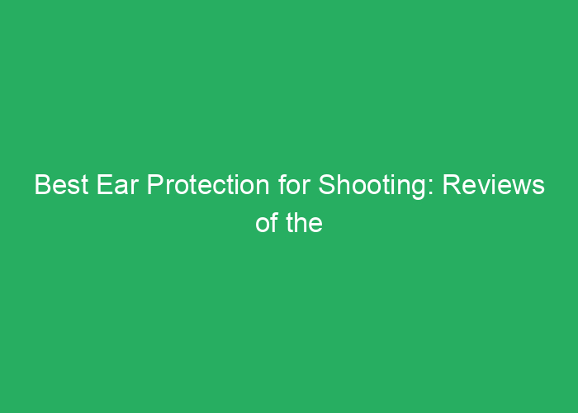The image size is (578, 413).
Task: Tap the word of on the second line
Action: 266,223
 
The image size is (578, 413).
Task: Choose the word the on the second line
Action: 303,223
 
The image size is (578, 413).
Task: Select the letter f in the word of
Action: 274,223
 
